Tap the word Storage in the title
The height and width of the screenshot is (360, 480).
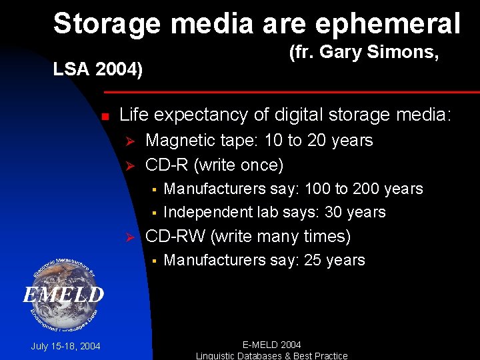107,23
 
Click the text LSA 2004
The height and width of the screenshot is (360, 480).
98,69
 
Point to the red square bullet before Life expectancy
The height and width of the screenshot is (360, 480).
105,117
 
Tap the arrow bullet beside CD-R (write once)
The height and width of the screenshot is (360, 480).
131,165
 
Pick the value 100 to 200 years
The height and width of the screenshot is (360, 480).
363,189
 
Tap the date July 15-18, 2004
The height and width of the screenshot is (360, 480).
65,346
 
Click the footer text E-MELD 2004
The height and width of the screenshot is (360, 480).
271,345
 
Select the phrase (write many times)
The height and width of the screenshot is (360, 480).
281,237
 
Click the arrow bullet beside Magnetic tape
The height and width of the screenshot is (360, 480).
131,141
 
